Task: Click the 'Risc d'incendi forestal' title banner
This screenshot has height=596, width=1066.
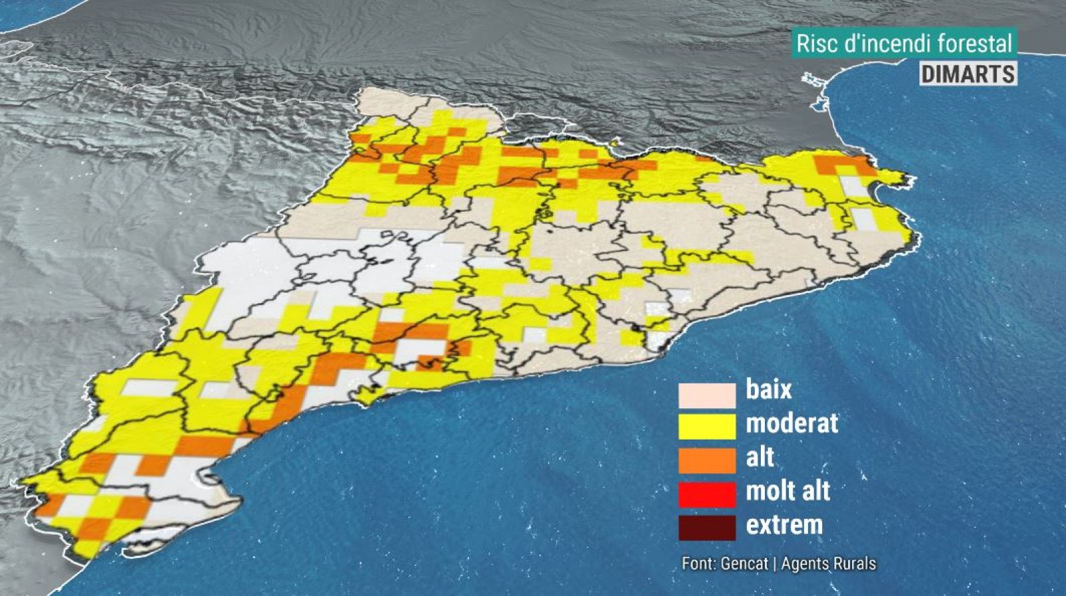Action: (904, 44)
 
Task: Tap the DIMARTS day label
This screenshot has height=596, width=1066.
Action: (968, 73)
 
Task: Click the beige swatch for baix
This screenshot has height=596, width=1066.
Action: (707, 394)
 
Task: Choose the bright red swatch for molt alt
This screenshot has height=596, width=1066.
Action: (707, 493)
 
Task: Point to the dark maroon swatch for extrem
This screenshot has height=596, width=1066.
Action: (707, 527)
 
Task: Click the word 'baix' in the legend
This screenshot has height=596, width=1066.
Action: (769, 389)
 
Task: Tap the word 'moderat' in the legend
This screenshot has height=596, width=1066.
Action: (792, 423)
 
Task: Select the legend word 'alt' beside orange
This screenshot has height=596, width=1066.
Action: (760, 457)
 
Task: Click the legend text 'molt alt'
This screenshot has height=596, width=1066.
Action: (788, 491)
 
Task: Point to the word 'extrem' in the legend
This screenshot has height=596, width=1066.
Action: (784, 525)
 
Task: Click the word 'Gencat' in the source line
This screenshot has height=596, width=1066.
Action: (744, 563)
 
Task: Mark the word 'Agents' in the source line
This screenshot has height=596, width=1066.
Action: (803, 563)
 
